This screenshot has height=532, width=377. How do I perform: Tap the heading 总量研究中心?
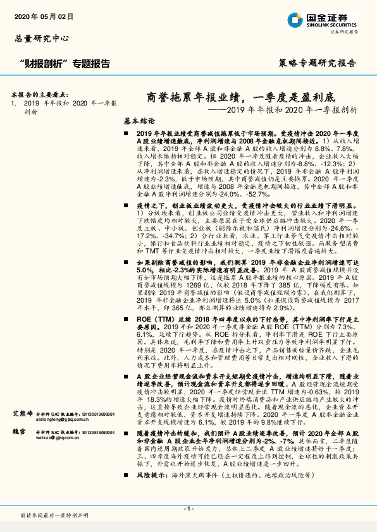41,39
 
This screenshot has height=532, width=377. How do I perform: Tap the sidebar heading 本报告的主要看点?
40,92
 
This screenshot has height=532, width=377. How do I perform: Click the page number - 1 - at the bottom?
188,509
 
